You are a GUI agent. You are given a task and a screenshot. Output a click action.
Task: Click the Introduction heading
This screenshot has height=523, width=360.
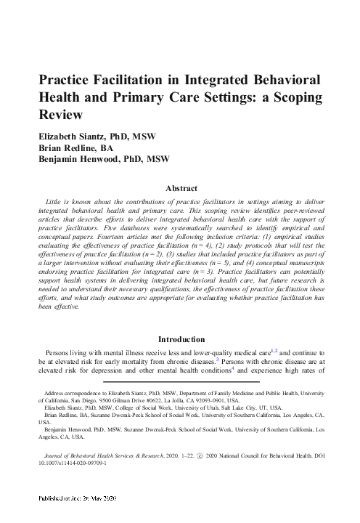click(x=181, y=339)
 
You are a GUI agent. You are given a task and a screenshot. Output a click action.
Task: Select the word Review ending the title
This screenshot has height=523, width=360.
click(x=62, y=115)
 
